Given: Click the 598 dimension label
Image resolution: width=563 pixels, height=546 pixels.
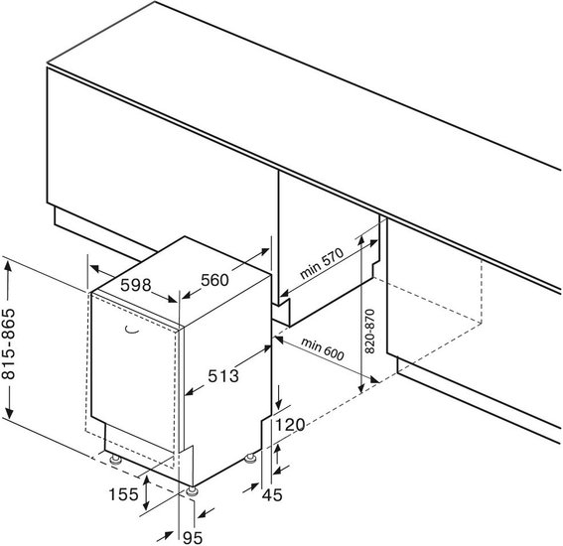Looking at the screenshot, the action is pyautogui.click(x=135, y=285).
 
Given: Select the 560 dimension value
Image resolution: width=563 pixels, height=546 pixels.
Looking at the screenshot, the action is pyautogui.click(x=214, y=280).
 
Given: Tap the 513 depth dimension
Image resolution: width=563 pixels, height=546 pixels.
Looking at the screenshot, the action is pyautogui.click(x=223, y=376).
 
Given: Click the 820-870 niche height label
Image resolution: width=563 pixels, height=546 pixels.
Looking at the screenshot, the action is pyautogui.click(x=369, y=331).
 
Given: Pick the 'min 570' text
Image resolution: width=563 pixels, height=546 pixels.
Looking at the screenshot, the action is pyautogui.click(x=322, y=263).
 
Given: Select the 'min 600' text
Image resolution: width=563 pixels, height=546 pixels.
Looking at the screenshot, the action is pyautogui.click(x=323, y=348).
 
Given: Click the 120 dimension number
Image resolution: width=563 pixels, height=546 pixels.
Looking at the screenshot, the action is pyautogui.click(x=289, y=425).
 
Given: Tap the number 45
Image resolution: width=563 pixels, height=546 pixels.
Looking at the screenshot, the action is pyautogui.click(x=272, y=495).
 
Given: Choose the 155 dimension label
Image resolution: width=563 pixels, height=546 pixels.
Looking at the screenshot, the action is pyautogui.click(x=123, y=494).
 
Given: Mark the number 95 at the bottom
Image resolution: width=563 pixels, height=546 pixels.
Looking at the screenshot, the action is pyautogui.click(x=193, y=538).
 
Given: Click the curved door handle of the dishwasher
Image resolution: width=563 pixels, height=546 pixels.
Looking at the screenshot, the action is pyautogui.click(x=132, y=331).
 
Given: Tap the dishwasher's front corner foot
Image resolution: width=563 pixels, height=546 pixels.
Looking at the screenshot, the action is pyautogui.click(x=192, y=491).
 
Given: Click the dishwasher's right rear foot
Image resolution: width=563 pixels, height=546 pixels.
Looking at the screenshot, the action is pyautogui.click(x=250, y=459).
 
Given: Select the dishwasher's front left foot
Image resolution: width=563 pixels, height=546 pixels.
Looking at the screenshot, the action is pyautogui.click(x=115, y=460).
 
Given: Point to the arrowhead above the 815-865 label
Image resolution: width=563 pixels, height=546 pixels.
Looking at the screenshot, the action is pyautogui.click(x=9, y=267).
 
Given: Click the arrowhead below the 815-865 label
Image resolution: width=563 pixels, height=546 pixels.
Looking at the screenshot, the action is pyautogui.click(x=9, y=412).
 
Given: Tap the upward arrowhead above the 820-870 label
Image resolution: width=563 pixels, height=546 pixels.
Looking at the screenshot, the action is pyautogui.click(x=361, y=240).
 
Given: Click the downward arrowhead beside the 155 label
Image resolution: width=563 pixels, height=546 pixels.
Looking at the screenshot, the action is pyautogui.click(x=146, y=505).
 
